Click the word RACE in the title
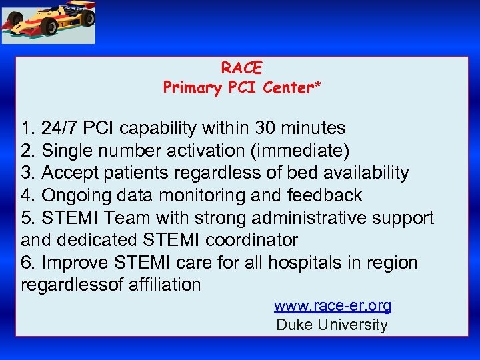pyautogui.click(x=242, y=68)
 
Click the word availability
pyautogui.click(x=365, y=173)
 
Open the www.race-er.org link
pyautogui.click(x=332, y=306)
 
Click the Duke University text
pyautogui.click(x=331, y=325)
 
